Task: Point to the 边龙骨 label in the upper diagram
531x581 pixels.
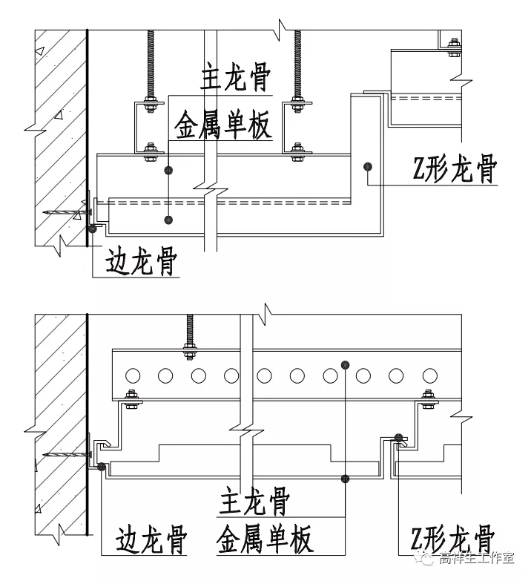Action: [x=141, y=261]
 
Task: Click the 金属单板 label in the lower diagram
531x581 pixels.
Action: [x=265, y=539]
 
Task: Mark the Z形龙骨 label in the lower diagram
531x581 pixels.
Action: [x=453, y=539]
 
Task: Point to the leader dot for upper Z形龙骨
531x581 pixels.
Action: [x=366, y=166]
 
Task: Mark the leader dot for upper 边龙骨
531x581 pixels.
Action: [x=93, y=229]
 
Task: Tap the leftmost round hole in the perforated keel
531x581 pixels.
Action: [x=133, y=375]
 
